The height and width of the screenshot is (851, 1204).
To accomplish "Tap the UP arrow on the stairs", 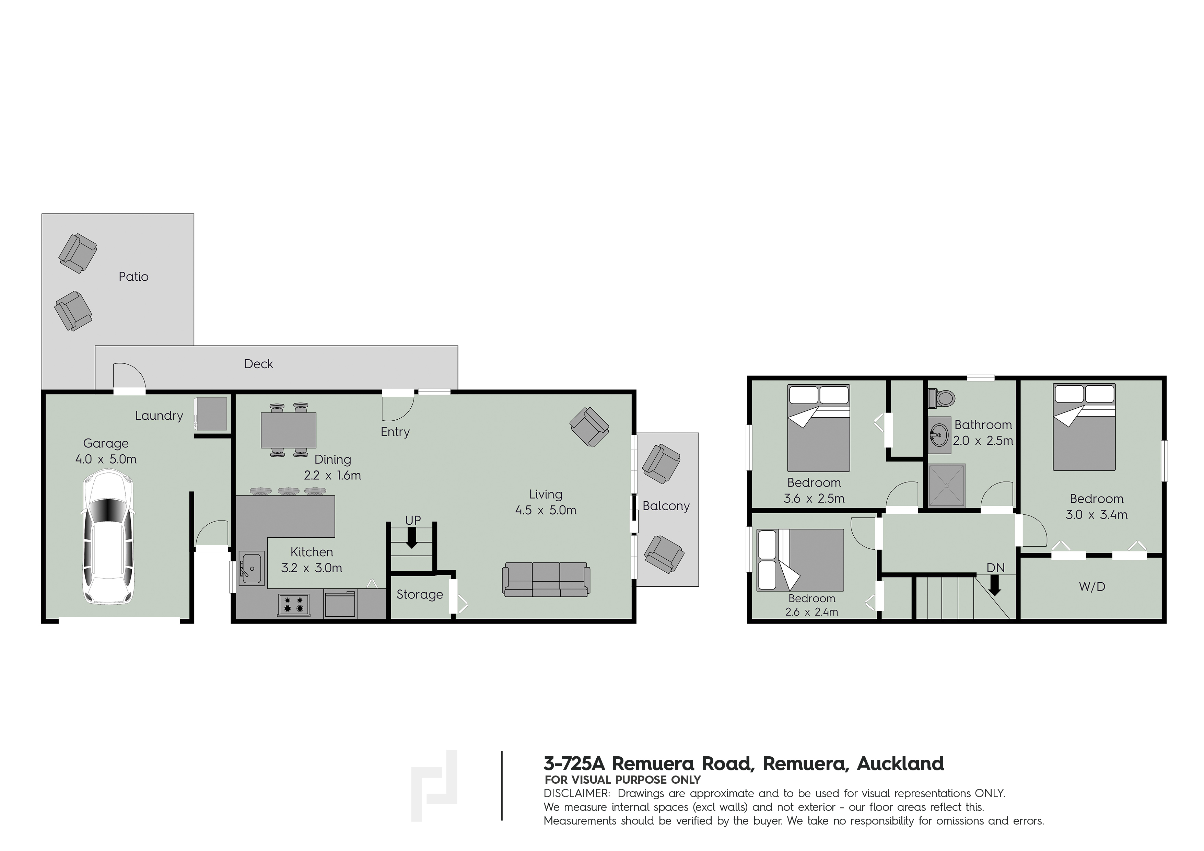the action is [412, 537].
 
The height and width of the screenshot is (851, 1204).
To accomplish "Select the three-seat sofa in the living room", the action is [546, 579].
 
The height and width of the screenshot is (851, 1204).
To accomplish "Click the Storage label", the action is [420, 595].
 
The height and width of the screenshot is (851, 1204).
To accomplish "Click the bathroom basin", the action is [940, 435].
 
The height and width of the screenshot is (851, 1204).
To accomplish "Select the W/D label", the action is [1092, 587].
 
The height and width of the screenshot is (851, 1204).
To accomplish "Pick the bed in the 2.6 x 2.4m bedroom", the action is [800, 560].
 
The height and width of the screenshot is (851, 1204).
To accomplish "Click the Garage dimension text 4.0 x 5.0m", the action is [106, 459].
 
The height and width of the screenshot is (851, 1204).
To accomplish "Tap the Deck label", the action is [258, 364].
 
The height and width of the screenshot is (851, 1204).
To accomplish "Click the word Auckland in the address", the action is [900, 764].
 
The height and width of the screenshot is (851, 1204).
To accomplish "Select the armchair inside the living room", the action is [589, 427].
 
